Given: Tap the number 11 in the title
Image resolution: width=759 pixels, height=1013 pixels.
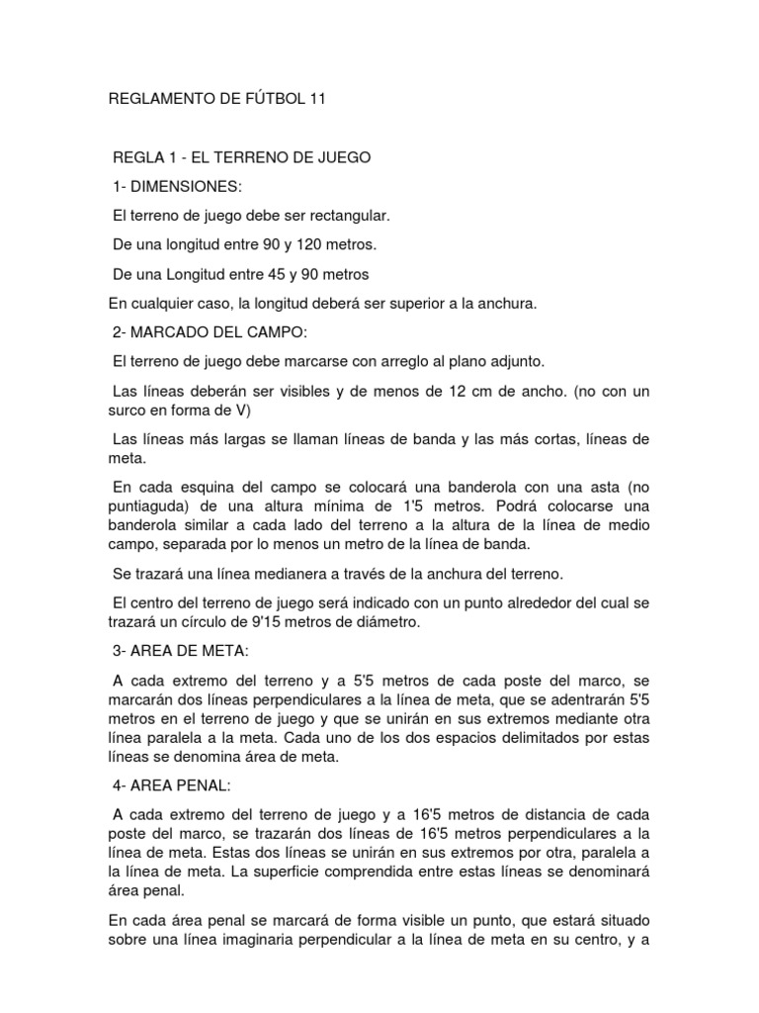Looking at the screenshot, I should tap(313, 99).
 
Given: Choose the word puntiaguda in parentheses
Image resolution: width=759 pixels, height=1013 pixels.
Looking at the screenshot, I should tap(156, 506).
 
